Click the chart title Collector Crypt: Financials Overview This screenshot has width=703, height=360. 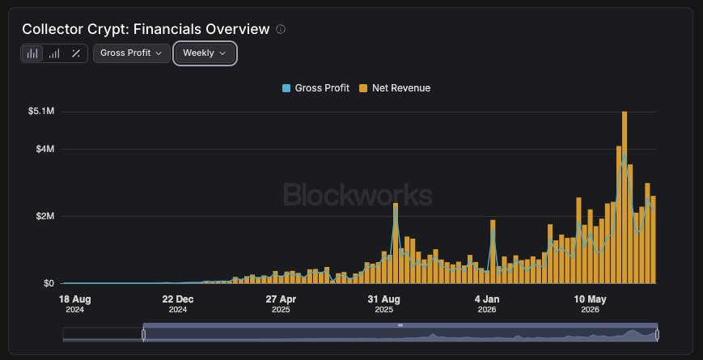point(146,29)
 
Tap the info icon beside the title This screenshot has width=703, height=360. point(281,29)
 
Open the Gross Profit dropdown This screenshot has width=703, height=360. point(131,53)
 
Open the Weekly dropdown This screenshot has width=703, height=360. point(205,53)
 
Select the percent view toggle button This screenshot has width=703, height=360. point(76,53)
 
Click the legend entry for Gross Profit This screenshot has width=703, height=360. point(316,88)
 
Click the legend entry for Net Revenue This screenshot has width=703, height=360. point(395,88)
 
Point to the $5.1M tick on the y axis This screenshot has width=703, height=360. point(41,111)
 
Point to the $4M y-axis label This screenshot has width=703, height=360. point(45,149)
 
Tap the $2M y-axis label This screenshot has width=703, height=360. point(45,216)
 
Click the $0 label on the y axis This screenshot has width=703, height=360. point(49,283)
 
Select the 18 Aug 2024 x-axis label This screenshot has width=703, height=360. point(75,304)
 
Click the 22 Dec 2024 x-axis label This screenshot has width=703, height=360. point(178,304)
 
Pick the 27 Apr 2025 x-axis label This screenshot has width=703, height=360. point(281,304)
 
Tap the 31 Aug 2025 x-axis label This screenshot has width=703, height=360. point(383,304)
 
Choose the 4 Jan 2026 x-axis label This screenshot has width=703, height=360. point(487,304)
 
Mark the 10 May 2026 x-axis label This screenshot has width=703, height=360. point(590,304)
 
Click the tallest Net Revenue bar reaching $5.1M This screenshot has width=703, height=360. point(625,197)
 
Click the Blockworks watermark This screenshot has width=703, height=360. point(358,195)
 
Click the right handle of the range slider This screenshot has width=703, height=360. point(657,334)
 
